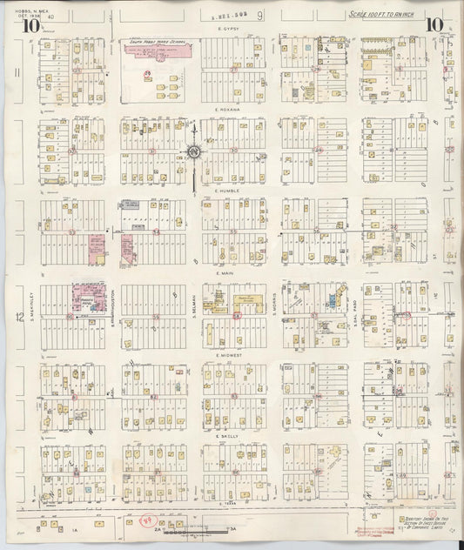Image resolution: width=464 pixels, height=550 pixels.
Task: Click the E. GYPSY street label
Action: click(229, 30)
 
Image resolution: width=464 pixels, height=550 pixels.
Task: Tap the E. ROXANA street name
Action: click(230, 111)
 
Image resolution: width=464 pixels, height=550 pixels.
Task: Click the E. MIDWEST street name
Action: click(230, 354)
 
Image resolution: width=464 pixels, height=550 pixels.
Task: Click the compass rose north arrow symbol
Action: click(193, 151)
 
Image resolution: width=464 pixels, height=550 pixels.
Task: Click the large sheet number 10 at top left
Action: click(31, 25)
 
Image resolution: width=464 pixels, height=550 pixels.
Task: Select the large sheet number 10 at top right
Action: click(433, 24)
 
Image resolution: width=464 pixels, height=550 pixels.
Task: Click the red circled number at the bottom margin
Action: click(147, 520)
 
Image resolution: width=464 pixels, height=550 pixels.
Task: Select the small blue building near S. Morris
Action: click(332, 301)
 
